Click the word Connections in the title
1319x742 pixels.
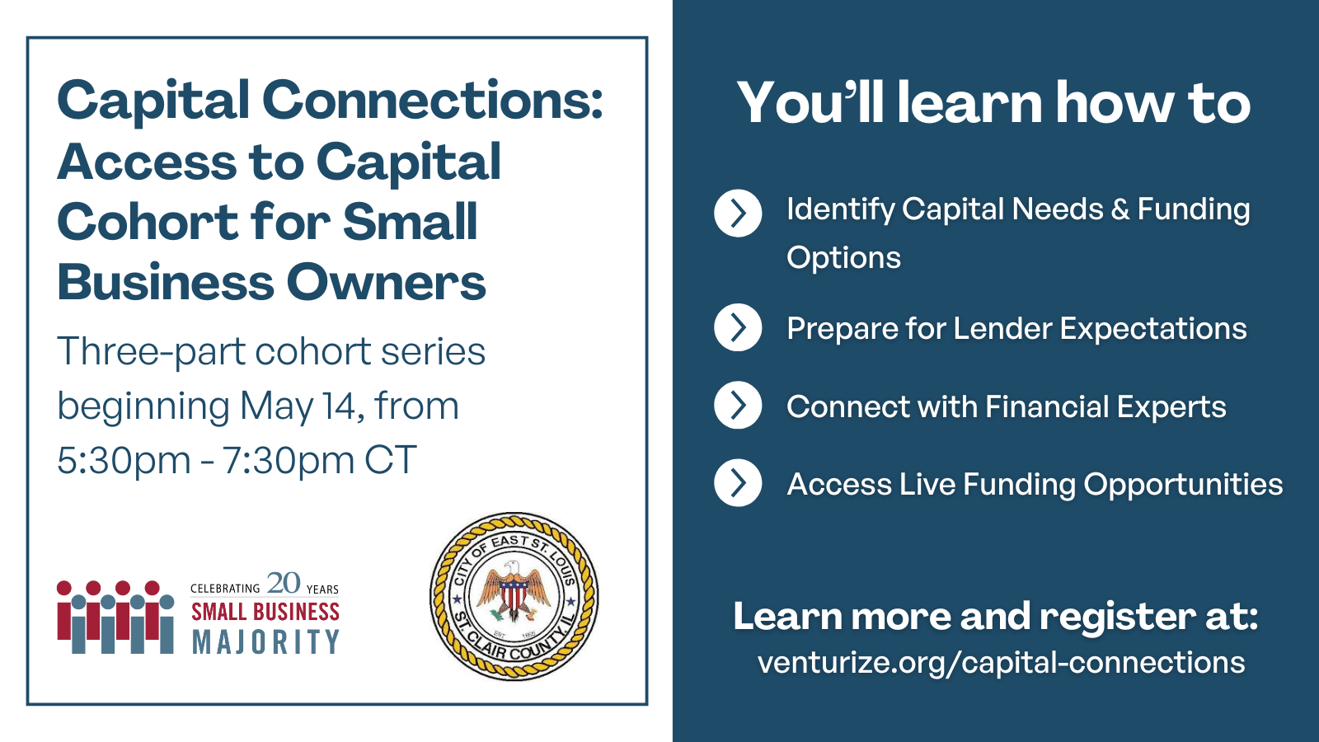tap(432, 100)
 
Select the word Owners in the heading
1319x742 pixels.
tap(387, 282)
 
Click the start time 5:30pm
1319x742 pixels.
tap(124, 461)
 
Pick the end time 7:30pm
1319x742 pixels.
tap(289, 461)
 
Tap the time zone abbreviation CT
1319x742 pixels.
tap(391, 460)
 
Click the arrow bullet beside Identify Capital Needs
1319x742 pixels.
tap(738, 214)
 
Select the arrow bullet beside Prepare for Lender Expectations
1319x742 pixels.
tap(738, 327)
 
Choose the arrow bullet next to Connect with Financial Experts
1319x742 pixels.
tap(738, 405)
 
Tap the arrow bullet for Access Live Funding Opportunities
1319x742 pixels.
tap(738, 483)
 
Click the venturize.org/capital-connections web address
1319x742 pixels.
tap(1001, 663)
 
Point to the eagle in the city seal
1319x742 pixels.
tap(514, 592)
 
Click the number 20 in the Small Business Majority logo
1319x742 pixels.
tap(284, 583)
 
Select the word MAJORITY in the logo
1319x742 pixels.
tap(265, 642)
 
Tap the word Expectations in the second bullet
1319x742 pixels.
tap(1153, 329)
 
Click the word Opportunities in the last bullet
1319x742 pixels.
tap(1183, 486)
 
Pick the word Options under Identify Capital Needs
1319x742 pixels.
tap(844, 259)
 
